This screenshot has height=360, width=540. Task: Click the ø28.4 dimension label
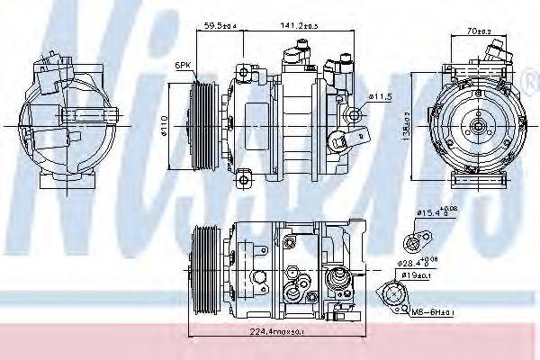421,264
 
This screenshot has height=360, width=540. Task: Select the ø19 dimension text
422,276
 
